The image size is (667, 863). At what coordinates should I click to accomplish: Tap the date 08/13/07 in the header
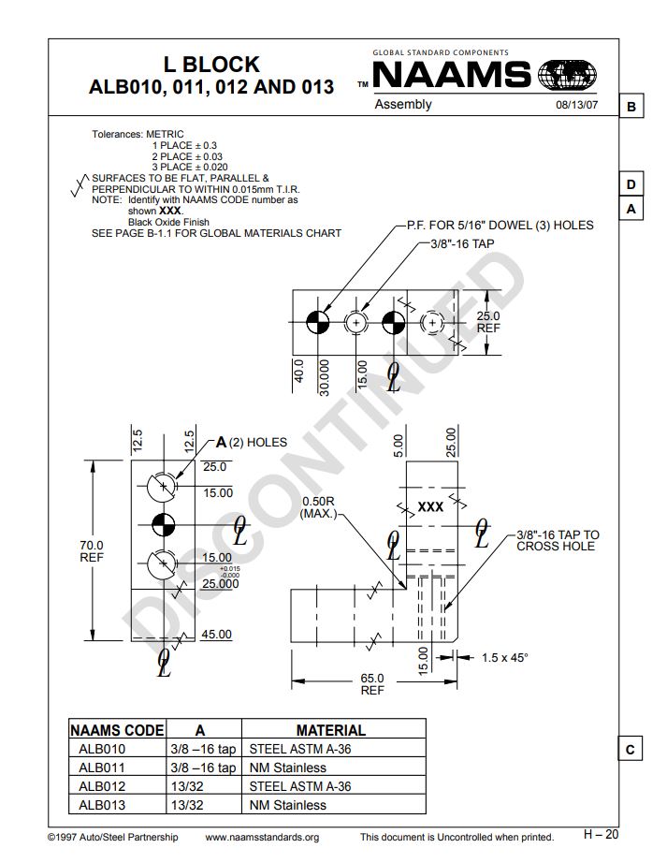576,105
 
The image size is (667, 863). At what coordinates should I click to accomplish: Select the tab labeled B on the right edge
631,107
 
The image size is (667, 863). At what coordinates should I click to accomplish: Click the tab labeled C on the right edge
631,749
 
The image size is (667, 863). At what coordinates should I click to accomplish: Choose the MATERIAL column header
330,729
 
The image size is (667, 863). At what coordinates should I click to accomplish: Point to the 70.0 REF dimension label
92,550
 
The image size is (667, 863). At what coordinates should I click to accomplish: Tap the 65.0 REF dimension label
372,684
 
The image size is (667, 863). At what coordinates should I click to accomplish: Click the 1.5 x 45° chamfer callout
505,657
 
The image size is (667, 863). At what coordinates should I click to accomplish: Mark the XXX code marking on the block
430,506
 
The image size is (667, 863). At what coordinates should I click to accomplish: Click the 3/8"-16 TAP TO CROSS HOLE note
558,540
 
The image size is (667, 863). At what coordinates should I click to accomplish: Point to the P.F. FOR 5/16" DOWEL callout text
499,226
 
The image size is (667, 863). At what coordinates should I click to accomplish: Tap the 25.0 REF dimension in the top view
488,322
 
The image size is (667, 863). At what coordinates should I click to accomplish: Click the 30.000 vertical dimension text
325,377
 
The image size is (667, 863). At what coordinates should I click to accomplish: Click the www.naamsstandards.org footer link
262,837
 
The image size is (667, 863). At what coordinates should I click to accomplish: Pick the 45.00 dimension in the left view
216,635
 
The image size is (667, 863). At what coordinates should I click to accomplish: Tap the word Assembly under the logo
403,104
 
